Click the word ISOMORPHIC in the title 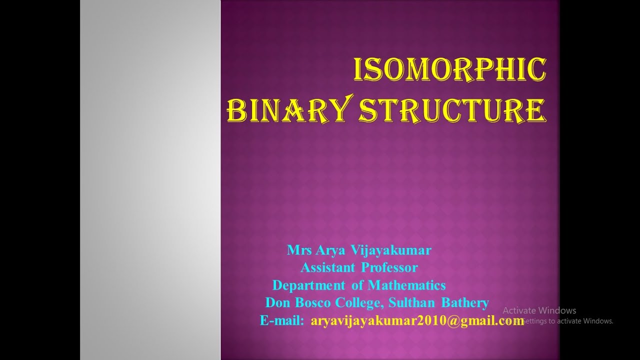(x=449, y=70)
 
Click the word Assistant (x=327, y=267)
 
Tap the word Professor (x=389, y=267)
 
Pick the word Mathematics (x=406, y=285)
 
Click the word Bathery (x=465, y=302)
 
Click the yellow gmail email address (x=417, y=320)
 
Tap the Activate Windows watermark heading (x=539, y=310)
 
